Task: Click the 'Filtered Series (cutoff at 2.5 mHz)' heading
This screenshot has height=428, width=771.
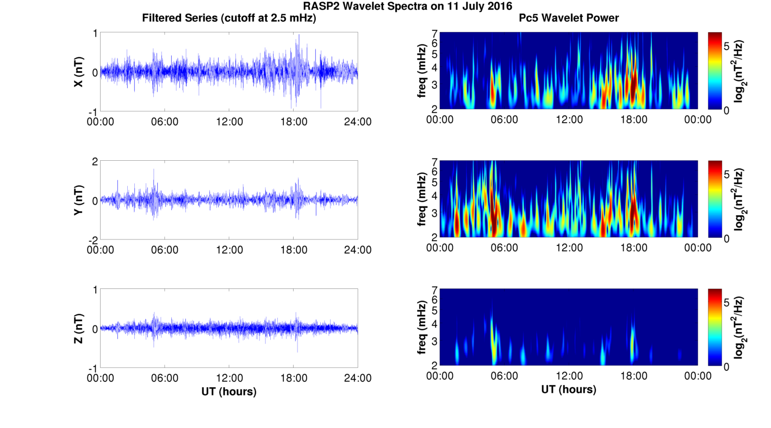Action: pyautogui.click(x=229, y=18)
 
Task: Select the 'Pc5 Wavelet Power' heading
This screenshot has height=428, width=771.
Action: pyautogui.click(x=569, y=18)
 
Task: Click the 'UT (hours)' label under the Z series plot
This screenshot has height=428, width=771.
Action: pyautogui.click(x=229, y=391)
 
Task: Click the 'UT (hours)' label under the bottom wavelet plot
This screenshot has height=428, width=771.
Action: pyautogui.click(x=569, y=389)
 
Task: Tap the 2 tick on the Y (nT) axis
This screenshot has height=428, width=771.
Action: pyautogui.click(x=95, y=162)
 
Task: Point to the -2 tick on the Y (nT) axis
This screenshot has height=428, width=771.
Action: pyautogui.click(x=92, y=240)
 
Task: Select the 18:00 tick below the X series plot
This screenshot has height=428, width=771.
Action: pyautogui.click(x=294, y=122)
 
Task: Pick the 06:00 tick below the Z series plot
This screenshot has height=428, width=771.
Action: pyautogui.click(x=165, y=378)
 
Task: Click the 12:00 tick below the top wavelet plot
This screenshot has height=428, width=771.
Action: pyautogui.click(x=569, y=119)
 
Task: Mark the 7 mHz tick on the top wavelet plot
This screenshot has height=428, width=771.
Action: pyautogui.click(x=434, y=34)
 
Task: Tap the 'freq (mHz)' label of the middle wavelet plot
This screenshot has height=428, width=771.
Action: pyautogui.click(x=422, y=199)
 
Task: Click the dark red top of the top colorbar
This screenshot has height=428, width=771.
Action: pyautogui.click(x=714, y=34)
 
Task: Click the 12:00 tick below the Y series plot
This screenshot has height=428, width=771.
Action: pyautogui.click(x=229, y=250)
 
